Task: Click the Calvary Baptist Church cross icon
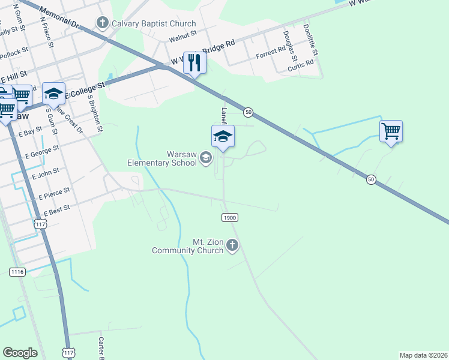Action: (x=102, y=23)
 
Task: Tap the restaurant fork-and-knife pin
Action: (x=194, y=62)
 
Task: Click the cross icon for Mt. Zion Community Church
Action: (x=232, y=245)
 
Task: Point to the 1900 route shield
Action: (x=229, y=217)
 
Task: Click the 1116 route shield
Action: (x=17, y=272)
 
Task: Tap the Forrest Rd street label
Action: (x=270, y=53)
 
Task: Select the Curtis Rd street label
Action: (x=301, y=64)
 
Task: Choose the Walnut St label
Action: (x=183, y=37)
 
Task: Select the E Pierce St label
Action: (x=55, y=193)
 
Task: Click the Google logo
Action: (x=20, y=353)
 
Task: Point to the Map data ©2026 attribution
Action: (x=423, y=355)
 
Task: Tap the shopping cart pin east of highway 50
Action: (x=391, y=130)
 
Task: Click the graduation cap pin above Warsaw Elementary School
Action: (x=223, y=136)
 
